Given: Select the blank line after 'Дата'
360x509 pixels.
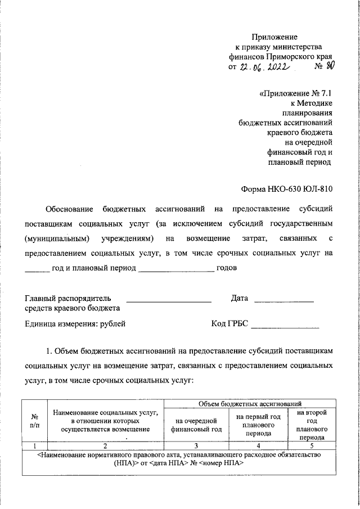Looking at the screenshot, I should coord(283,302).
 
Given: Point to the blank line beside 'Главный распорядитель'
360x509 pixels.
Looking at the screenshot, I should coord(168,302).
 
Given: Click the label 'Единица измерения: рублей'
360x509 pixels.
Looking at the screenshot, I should coord(75,323).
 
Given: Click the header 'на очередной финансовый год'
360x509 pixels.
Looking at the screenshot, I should coord(196,425).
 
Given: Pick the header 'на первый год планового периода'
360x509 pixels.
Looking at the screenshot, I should coord(258,425).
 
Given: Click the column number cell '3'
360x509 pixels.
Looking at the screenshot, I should coord(196,445).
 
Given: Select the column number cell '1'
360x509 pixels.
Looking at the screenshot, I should coord(35,445).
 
